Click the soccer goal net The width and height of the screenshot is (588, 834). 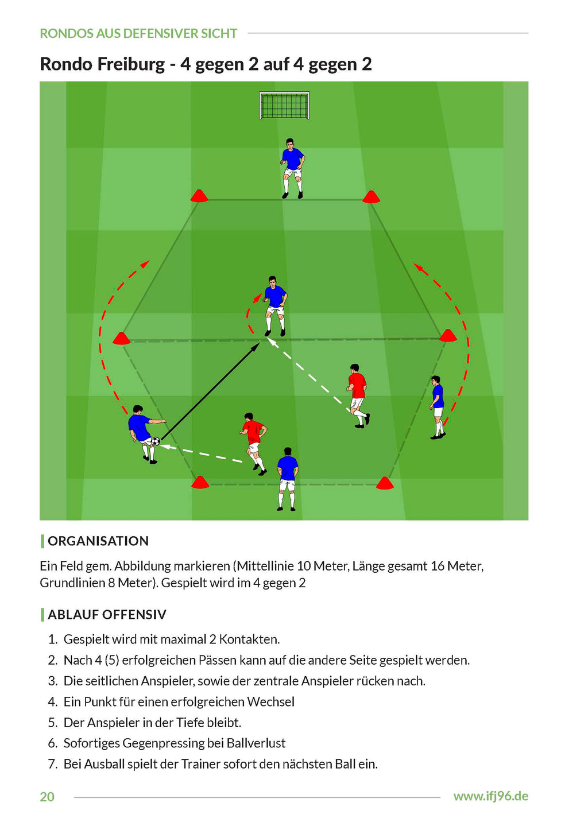tap(284, 106)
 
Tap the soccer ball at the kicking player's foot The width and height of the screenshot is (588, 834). tap(155, 441)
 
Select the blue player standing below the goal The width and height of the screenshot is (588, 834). tap(292, 168)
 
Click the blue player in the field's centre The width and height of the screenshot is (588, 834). tap(276, 305)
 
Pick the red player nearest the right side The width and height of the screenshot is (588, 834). tap(358, 395)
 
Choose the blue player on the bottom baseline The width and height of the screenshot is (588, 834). tap(287, 479)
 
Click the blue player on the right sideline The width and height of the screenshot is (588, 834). tap(438, 406)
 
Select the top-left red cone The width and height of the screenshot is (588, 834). tap(199, 196)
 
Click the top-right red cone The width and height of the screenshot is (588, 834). tap(371, 197)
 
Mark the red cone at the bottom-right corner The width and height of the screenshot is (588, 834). tap(384, 483)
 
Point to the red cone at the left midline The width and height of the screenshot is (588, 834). tap(121, 339)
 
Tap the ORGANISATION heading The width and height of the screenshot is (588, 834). tap(98, 541)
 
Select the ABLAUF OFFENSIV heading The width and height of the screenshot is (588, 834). tap(107, 615)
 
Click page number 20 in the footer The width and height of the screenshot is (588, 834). tap(47, 797)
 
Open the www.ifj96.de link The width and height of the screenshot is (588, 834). tap(490, 796)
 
